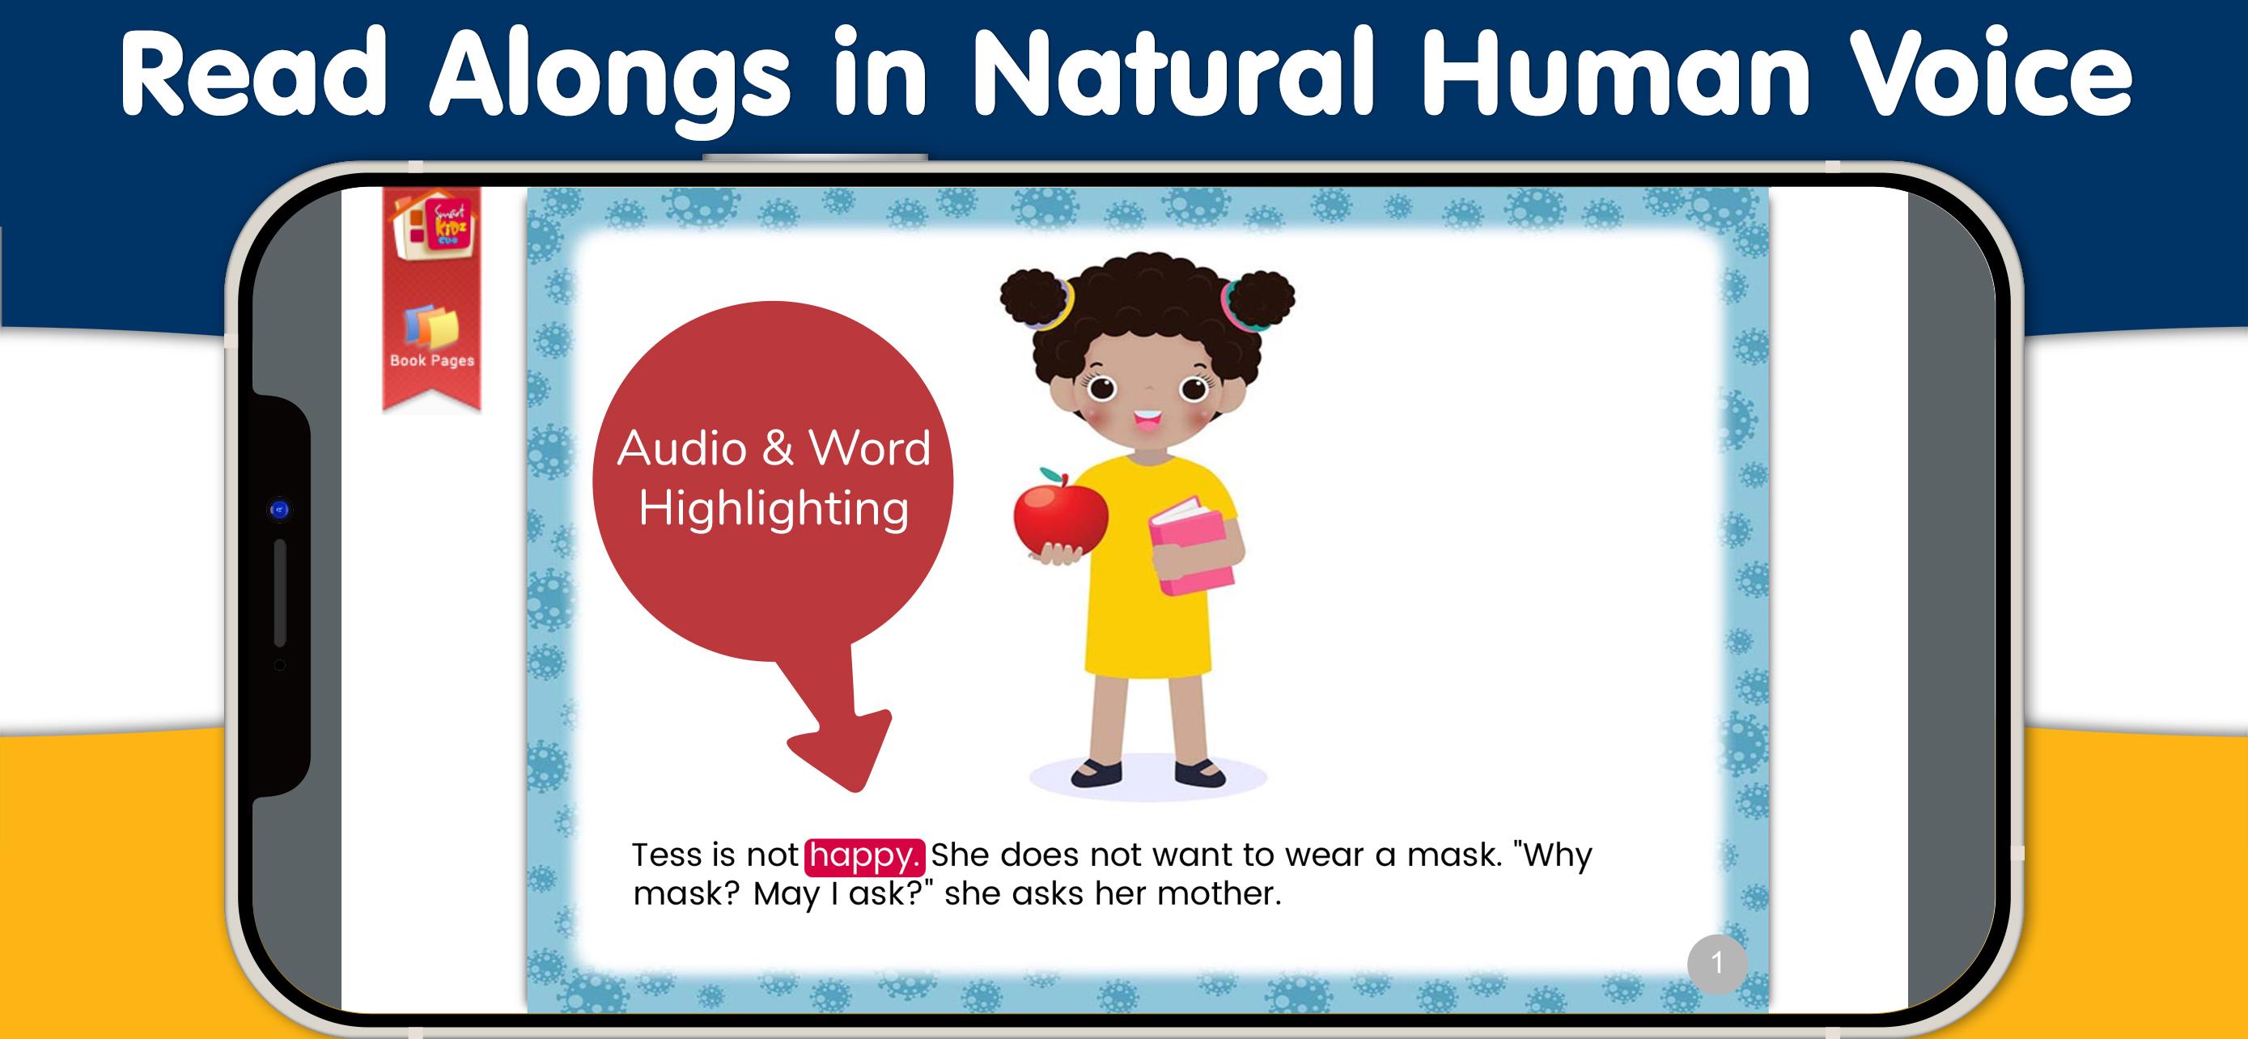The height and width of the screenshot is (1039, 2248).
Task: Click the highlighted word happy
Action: [864, 857]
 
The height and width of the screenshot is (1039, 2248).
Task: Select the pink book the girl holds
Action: [1191, 547]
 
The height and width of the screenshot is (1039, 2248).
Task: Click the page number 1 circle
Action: [1716, 964]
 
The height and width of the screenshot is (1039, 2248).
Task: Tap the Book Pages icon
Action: [432, 336]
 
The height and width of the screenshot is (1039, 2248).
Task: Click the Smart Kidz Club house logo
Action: [432, 227]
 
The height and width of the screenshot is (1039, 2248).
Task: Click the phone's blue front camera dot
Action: [279, 510]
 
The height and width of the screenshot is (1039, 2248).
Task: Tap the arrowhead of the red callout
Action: [842, 750]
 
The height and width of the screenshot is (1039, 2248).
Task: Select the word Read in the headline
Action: [253, 74]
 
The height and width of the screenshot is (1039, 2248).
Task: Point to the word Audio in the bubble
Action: [681, 449]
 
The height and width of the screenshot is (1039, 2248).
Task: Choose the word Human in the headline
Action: [1615, 74]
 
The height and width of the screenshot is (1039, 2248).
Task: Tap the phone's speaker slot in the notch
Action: [280, 593]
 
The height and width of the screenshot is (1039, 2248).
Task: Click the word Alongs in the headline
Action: [609, 80]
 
